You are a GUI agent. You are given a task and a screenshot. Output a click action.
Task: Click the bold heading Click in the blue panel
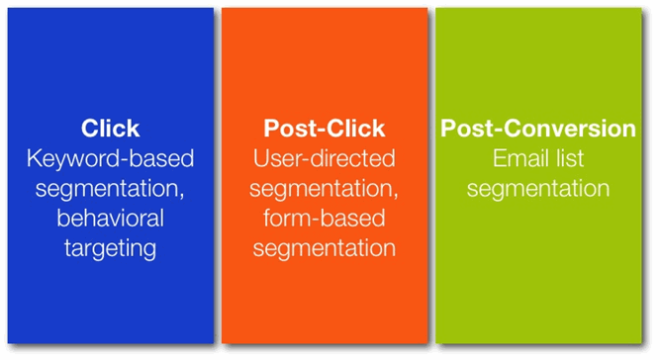coord(110,128)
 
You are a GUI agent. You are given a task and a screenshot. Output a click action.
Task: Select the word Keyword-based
coord(110,158)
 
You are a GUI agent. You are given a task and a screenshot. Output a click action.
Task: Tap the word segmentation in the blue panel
coord(107,189)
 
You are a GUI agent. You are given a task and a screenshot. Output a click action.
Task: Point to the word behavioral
coord(110,218)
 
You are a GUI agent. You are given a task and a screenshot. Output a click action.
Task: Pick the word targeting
coord(110,249)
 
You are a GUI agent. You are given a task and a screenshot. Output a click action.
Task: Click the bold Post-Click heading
coord(325,128)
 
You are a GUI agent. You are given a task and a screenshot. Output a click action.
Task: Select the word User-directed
coord(325,158)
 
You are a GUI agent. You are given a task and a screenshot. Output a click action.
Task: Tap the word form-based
coord(325,218)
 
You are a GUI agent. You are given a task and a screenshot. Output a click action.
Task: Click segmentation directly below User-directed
coord(322,189)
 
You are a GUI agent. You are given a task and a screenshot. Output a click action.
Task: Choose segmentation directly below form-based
coord(325,248)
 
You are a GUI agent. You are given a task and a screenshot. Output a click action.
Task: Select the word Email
coord(519,158)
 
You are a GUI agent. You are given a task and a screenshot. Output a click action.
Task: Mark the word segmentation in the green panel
coord(538,189)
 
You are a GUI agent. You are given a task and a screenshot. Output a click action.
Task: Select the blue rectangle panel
coord(110,175)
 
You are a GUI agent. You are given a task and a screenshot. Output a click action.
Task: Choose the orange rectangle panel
coord(325,175)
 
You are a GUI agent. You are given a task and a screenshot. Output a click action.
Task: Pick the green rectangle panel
coord(538,175)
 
